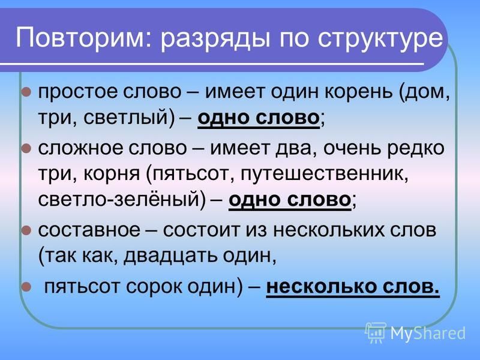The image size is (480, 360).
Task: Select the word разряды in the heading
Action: point(215,40)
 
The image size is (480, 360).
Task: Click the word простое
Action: point(78,92)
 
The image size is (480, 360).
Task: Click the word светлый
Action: point(125,118)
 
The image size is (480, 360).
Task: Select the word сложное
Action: point(80,148)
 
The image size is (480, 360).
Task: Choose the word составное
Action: point(89,230)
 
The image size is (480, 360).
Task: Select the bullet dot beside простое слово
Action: point(26,92)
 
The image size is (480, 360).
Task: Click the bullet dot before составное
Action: point(26,230)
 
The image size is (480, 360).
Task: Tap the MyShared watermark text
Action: point(428,334)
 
